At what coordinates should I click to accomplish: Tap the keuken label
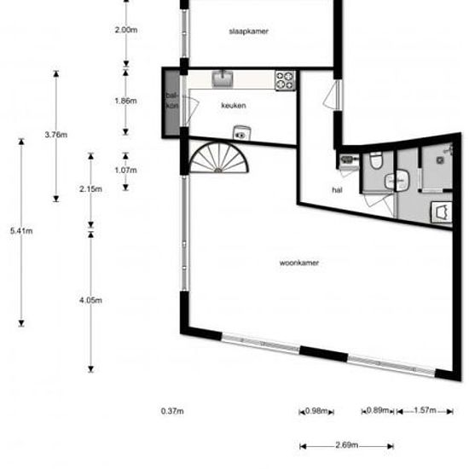point(234,106)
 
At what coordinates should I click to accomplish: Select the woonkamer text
point(299,263)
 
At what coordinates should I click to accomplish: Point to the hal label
point(336,190)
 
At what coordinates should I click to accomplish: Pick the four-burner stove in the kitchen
point(285,80)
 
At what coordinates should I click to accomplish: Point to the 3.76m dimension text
point(55,135)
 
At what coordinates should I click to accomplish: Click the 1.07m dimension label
point(125,170)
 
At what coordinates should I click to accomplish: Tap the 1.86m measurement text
point(125,101)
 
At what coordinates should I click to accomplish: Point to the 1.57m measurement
point(423,411)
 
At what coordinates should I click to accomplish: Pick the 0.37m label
point(171,411)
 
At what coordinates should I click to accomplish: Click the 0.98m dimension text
point(316,411)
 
